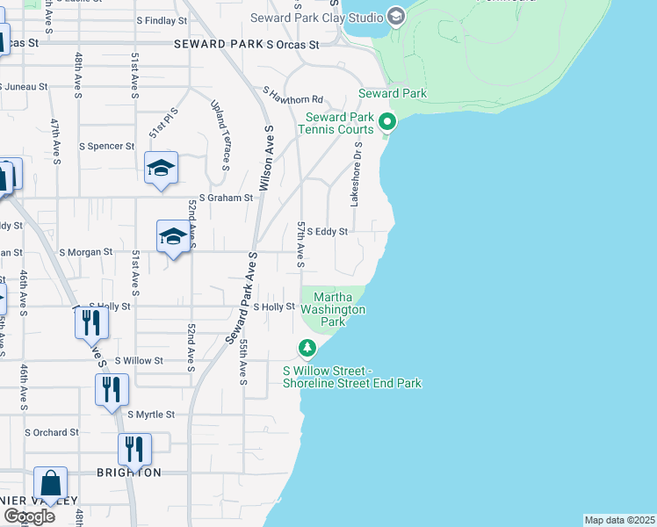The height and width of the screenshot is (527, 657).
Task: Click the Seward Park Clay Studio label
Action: coord(316,18)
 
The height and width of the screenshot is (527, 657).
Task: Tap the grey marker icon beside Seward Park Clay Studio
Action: coord(395,16)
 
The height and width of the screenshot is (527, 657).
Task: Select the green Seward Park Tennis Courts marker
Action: coord(387,122)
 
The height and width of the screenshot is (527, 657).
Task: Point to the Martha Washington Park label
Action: coord(333,310)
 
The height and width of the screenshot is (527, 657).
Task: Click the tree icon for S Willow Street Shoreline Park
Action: coord(307,349)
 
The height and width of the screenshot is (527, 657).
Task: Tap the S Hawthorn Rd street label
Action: coord(293,94)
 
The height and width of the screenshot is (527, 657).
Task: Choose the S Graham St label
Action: coord(226,199)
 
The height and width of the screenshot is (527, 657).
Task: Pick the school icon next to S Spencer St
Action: coord(162,167)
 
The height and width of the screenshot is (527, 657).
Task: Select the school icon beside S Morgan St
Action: coord(174,235)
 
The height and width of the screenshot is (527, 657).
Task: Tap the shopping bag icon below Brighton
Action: coord(50,483)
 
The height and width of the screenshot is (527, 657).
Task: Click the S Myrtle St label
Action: coord(151,415)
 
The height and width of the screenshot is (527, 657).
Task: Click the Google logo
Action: coord(29,516)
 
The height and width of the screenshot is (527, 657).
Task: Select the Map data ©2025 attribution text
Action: coord(619,520)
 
